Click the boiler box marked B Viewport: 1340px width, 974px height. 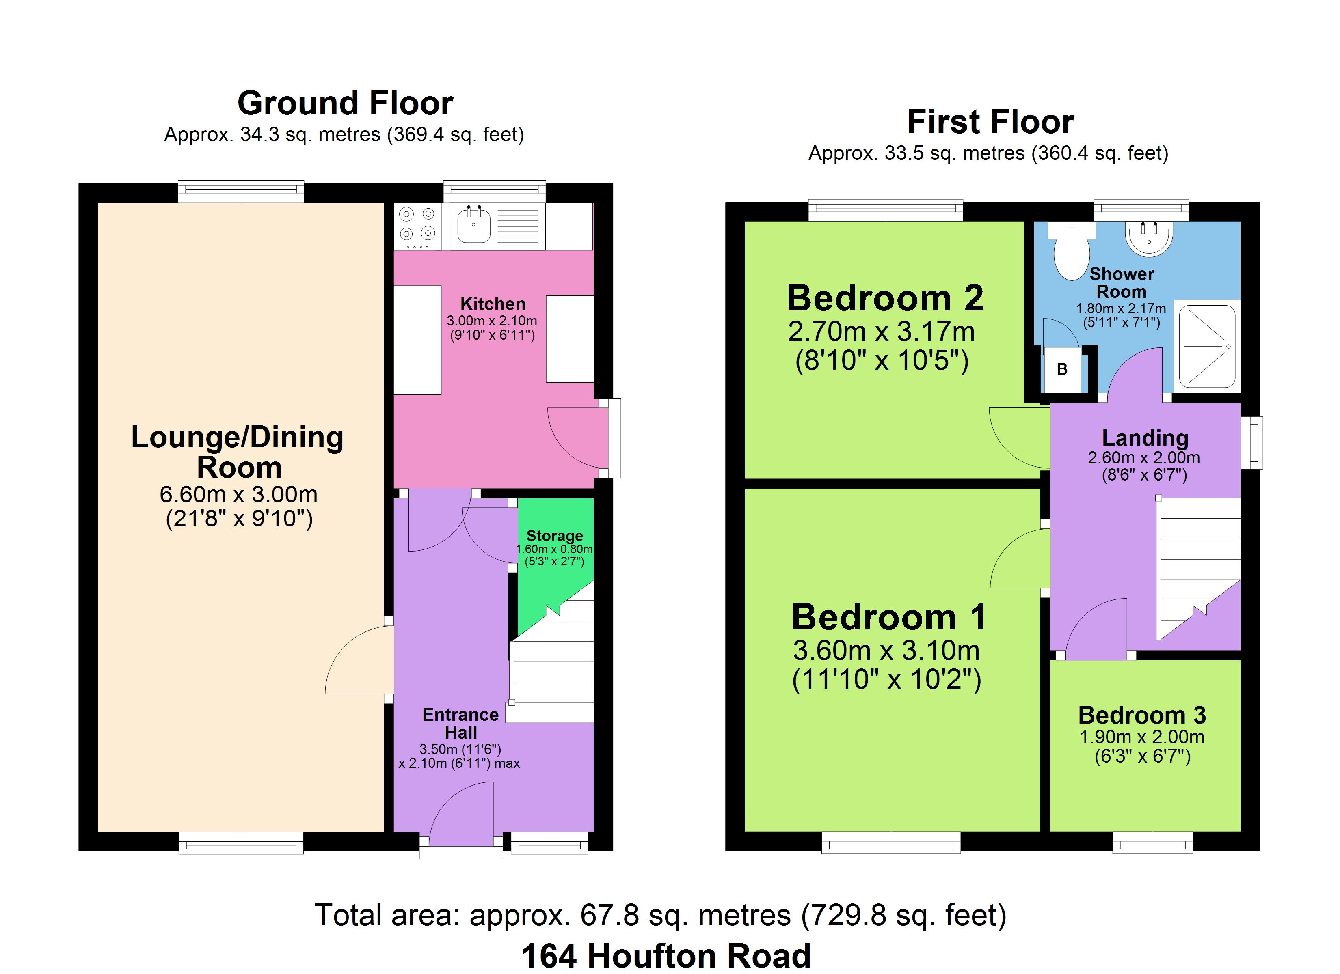click(x=1062, y=370)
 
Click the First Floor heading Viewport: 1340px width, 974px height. click(x=990, y=122)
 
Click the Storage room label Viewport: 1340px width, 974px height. click(x=555, y=536)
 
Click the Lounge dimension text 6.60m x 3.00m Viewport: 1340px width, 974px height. click(x=239, y=494)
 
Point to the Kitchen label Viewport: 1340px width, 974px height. click(x=493, y=304)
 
